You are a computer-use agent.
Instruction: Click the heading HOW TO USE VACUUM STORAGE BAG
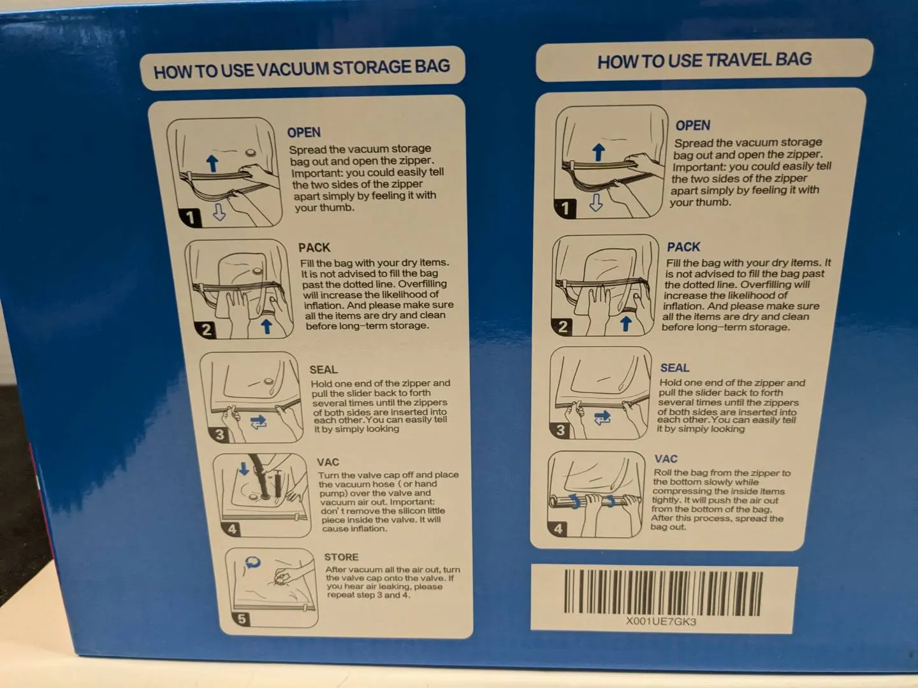click(x=302, y=69)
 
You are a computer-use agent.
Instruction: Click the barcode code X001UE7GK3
click(x=661, y=622)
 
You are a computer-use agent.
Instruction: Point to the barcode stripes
click(x=663, y=592)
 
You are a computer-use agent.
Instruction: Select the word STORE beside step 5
click(x=341, y=557)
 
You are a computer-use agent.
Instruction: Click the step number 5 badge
click(x=242, y=619)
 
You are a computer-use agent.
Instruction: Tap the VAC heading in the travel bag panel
click(x=666, y=459)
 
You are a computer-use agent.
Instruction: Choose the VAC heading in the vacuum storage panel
click(x=328, y=462)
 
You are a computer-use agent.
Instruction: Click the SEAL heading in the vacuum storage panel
click(x=323, y=369)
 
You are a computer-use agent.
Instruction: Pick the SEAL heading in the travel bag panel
click(x=674, y=368)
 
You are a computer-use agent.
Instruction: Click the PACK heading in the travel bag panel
click(x=683, y=247)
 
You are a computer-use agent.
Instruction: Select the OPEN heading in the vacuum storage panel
click(x=303, y=133)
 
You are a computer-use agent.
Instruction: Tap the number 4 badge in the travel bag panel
click(x=558, y=529)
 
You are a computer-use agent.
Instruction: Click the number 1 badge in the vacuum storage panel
click(x=190, y=217)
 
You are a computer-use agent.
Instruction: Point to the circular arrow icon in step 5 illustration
click(x=252, y=563)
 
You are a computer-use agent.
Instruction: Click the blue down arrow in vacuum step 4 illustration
click(x=244, y=469)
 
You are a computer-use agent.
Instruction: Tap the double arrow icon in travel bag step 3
click(x=602, y=417)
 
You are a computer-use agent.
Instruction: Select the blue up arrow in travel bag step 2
click(x=625, y=324)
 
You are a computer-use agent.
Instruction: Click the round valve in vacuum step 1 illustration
click(x=251, y=152)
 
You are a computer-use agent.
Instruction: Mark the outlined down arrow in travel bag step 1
click(x=596, y=202)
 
